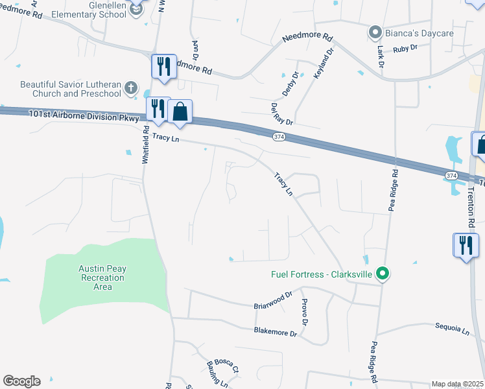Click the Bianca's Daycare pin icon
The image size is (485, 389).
click(375, 32)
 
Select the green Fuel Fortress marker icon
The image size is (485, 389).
click(383, 274)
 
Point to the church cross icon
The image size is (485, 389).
click(131, 88)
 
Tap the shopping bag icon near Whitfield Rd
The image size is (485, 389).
click(180, 112)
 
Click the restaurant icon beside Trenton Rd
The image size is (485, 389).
click(465, 245)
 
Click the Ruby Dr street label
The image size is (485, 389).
click(405, 47)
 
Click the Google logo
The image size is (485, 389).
click(21, 381)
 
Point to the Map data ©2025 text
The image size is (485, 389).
click(458, 384)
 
